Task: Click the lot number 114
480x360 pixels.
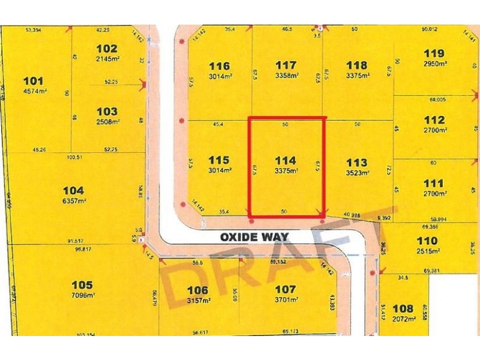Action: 286,160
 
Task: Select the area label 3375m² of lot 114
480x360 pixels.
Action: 286,171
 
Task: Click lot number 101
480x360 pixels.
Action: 34,81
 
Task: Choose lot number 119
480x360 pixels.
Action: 433,52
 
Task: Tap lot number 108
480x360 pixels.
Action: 403,308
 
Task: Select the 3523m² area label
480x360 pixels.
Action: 356,172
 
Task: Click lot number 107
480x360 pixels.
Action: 286,290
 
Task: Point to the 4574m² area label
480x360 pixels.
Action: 34,92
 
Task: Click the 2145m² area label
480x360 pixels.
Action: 107,58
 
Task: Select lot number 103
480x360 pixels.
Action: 107,111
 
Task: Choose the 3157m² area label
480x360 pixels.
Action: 197,301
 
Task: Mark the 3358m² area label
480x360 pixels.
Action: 286,76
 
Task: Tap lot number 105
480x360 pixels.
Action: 82,284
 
